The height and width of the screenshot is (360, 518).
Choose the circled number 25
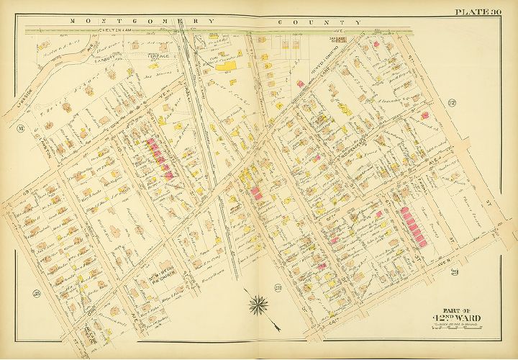[35, 292]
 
